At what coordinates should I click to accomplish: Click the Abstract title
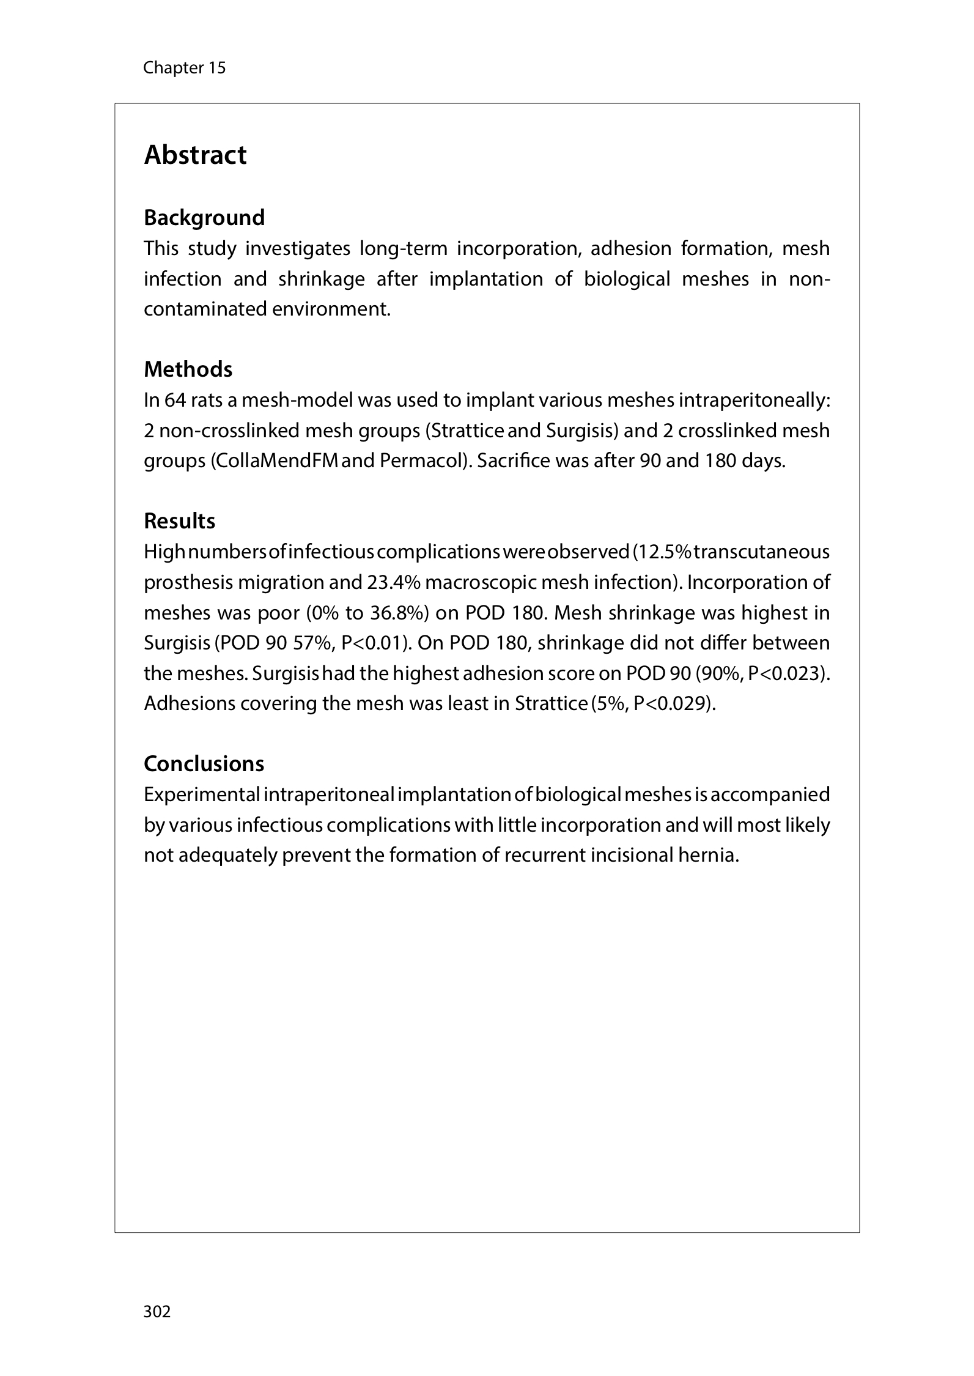tap(195, 155)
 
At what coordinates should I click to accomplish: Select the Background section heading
tap(204, 218)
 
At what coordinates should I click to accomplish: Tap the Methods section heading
tap(188, 369)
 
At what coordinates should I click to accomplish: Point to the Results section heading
tap(179, 521)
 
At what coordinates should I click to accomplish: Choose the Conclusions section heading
tap(204, 764)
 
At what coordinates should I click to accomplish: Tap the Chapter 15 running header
tap(184, 68)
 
